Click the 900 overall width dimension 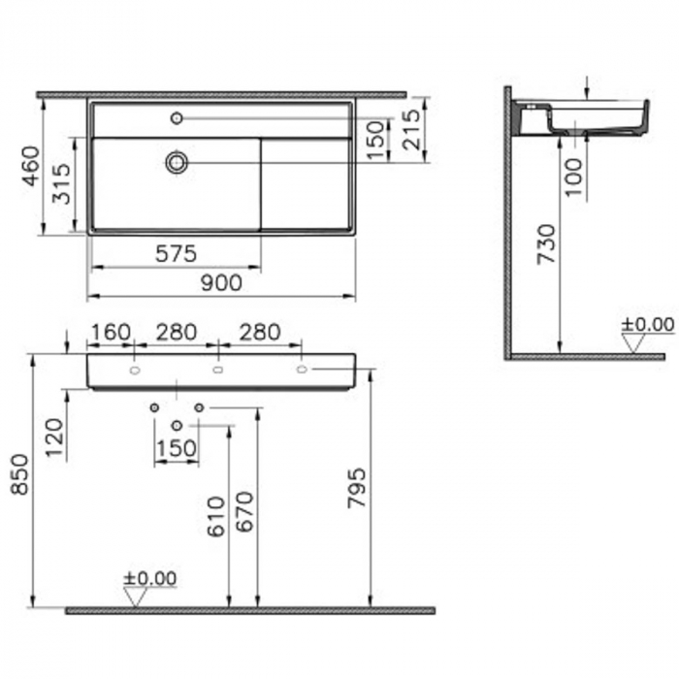[x=221, y=282]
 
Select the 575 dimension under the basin [x=176, y=253]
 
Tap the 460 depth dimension [x=30, y=166]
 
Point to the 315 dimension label [x=60, y=184]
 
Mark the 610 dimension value [x=214, y=517]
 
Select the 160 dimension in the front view [x=110, y=333]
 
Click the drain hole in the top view [x=177, y=162]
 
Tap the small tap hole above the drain [x=177, y=118]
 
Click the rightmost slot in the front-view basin [x=302, y=370]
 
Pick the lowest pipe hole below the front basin [x=177, y=426]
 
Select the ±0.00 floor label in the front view [x=149, y=578]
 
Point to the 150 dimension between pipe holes [x=177, y=448]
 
